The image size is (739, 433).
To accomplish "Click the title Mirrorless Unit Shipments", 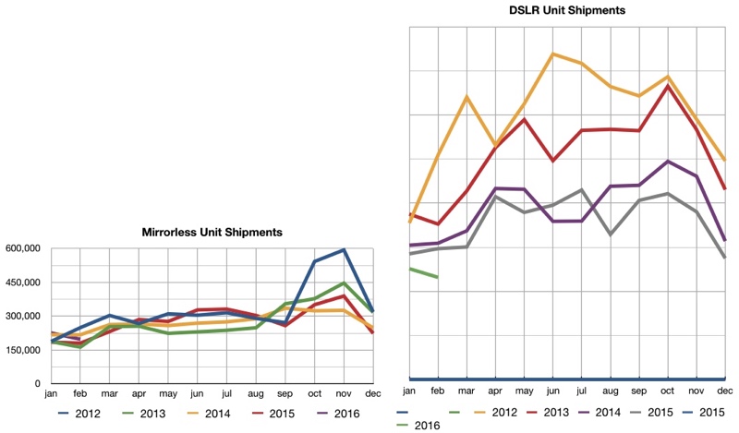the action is [x=212, y=233].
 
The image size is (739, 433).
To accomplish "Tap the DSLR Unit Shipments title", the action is [x=567, y=10].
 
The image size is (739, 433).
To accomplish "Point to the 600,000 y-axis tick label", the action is [x=22, y=248].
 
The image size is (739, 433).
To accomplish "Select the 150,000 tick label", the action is [x=22, y=350].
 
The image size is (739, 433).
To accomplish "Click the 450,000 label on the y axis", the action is [x=22, y=283].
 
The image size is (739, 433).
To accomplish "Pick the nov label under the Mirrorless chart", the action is [x=344, y=393].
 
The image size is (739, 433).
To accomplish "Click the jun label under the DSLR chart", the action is [x=552, y=391].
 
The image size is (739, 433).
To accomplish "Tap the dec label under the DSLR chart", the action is [x=725, y=391].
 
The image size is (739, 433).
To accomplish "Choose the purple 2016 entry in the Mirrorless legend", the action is [x=338, y=414].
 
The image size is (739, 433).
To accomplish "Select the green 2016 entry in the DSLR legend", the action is [x=418, y=426].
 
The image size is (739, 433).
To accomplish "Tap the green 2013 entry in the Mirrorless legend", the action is [x=144, y=414].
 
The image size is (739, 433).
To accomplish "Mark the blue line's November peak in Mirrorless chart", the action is [x=344, y=249].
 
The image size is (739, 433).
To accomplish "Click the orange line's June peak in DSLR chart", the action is [x=552, y=54].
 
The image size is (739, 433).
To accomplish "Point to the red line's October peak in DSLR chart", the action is [x=667, y=85].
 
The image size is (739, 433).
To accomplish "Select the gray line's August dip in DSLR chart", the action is [x=611, y=235].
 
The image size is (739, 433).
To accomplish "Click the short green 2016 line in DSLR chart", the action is [x=424, y=272].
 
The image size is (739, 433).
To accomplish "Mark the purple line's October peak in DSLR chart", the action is [x=667, y=162].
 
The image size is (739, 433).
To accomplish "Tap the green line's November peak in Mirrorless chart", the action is [x=344, y=283].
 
